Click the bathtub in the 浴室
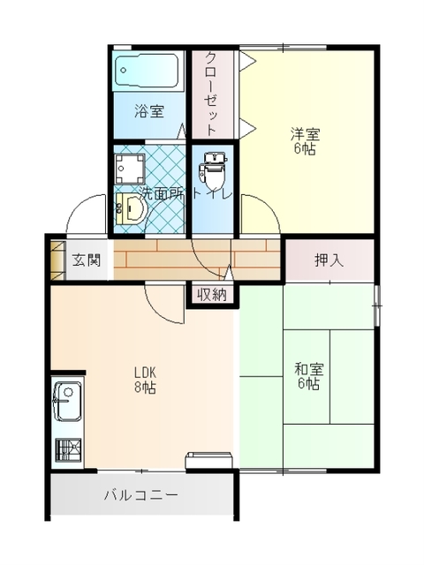(x=147, y=71)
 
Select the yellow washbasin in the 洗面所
(x=132, y=208)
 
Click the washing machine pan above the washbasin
(x=130, y=169)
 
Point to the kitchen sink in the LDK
(x=68, y=402)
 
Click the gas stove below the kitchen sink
(x=69, y=449)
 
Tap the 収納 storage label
(x=212, y=295)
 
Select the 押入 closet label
(x=329, y=260)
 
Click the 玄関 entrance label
(x=87, y=260)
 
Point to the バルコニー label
(x=141, y=495)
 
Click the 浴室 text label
(x=149, y=111)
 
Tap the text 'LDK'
(x=145, y=372)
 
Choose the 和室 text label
(x=309, y=369)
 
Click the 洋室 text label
(x=305, y=135)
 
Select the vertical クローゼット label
(x=211, y=94)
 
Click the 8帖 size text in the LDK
(x=145, y=388)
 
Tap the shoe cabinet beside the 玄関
(x=57, y=260)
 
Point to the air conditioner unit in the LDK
(x=209, y=461)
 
